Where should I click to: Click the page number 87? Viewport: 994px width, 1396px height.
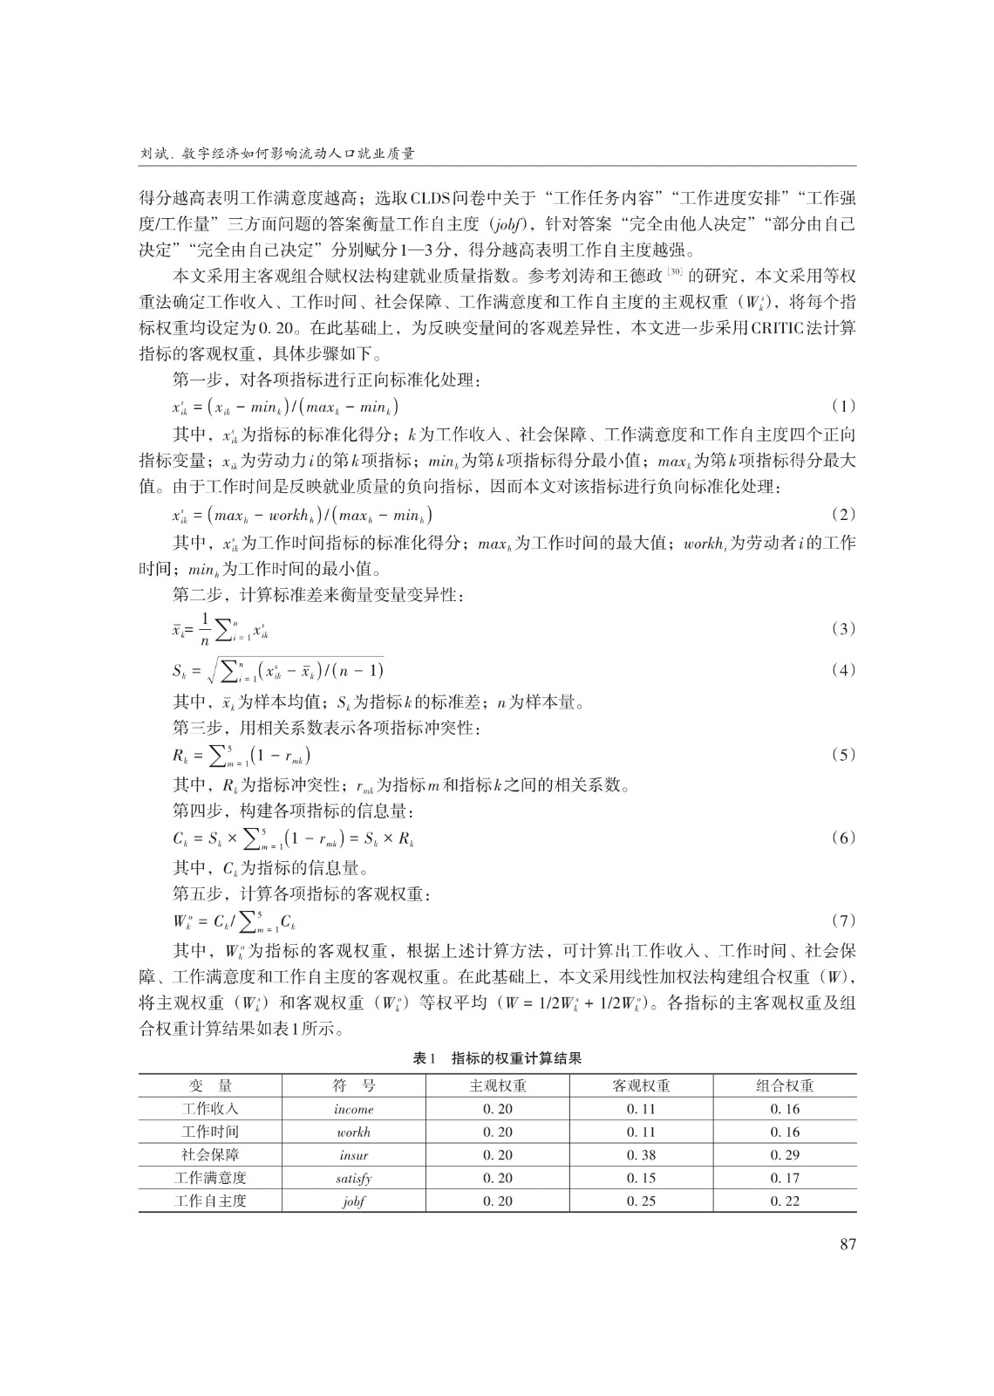(x=848, y=1244)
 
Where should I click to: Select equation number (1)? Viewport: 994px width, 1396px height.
(x=843, y=406)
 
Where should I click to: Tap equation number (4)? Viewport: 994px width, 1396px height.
(x=843, y=670)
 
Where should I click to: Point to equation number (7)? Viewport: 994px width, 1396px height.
(x=843, y=920)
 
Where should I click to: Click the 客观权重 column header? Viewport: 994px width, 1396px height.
(x=641, y=1086)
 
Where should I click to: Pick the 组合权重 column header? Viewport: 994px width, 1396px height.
(x=785, y=1086)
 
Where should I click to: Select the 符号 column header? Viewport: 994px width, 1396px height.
(x=354, y=1086)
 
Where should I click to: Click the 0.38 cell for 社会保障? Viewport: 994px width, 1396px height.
(x=641, y=1155)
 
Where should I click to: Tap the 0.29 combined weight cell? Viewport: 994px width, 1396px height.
(x=785, y=1155)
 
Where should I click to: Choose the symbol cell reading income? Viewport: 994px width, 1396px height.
(x=353, y=1110)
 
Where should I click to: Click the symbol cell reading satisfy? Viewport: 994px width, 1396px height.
(x=353, y=1178)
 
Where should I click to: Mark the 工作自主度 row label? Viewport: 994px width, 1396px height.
(x=210, y=1201)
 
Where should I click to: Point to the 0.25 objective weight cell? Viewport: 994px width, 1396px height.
(x=641, y=1201)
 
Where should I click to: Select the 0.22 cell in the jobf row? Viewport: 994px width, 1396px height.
(x=785, y=1201)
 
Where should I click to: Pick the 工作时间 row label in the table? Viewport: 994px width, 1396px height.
(x=210, y=1133)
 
